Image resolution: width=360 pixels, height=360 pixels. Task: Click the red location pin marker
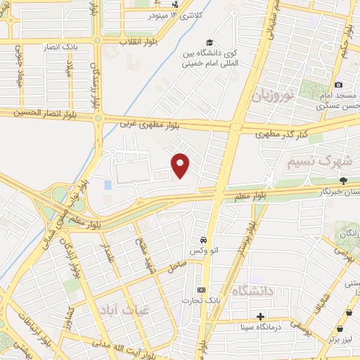click(181, 165)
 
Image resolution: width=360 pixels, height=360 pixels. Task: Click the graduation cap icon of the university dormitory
click(209, 42)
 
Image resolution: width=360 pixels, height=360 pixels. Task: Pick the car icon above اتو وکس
click(202, 240)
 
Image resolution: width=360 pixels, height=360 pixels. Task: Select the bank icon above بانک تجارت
click(202, 290)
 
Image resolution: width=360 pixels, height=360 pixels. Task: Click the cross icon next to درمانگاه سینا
click(261, 317)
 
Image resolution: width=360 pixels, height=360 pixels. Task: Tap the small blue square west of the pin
click(108, 185)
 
